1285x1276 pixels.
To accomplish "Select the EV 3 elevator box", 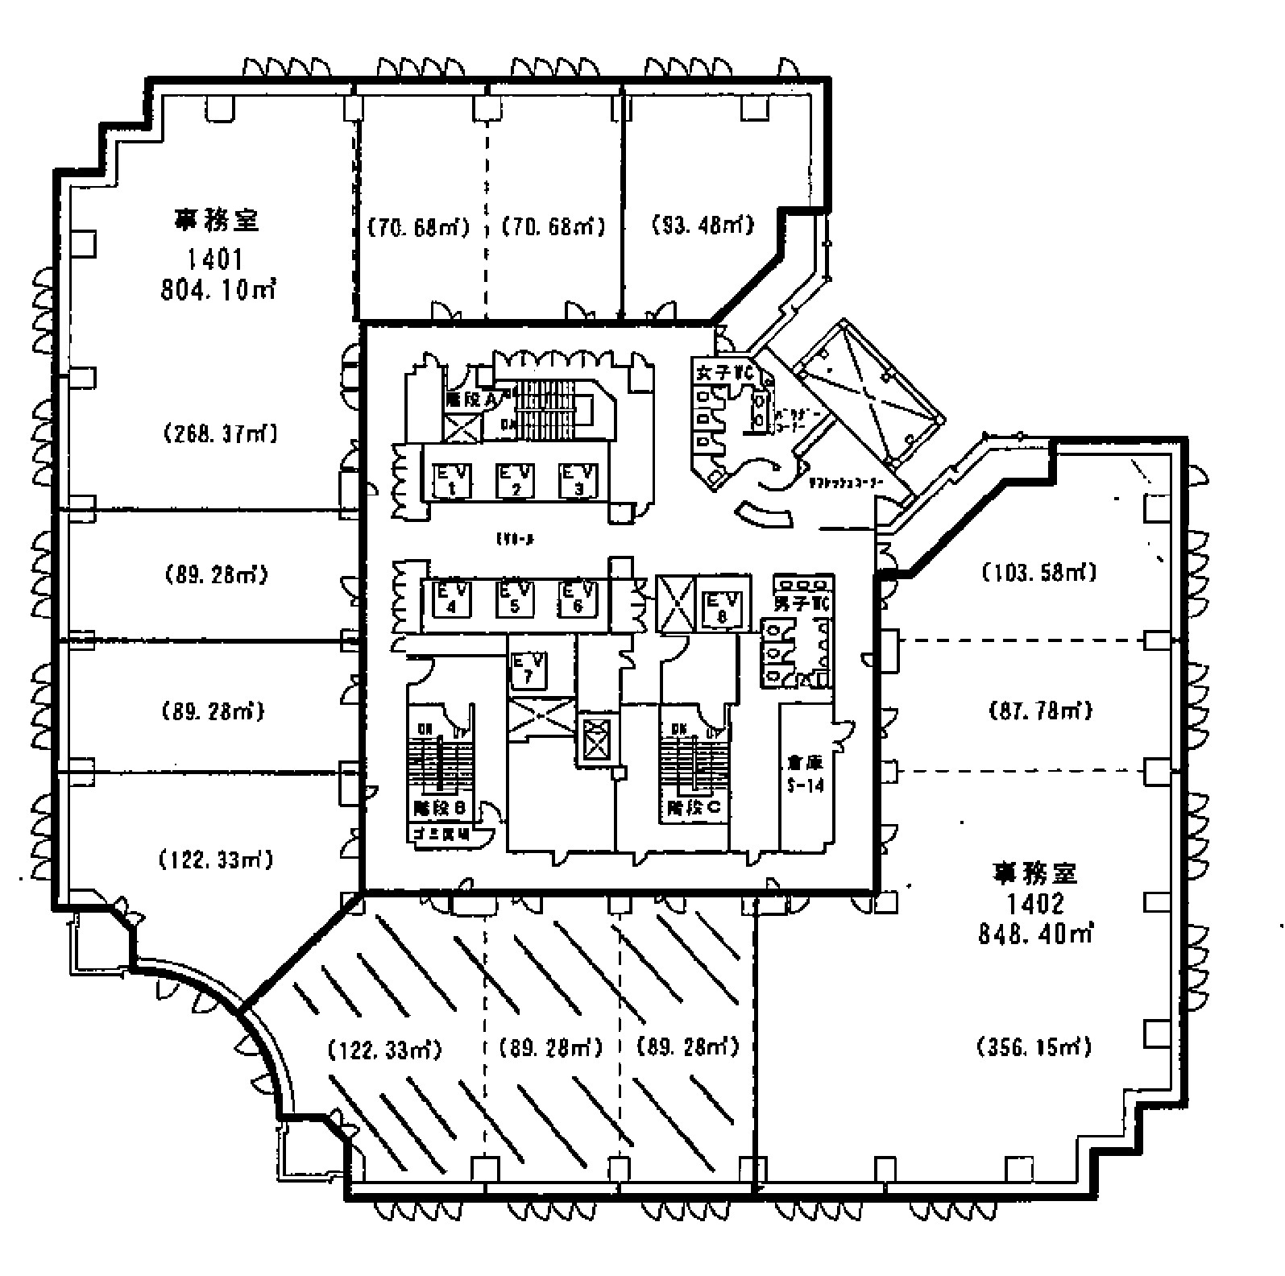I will (x=577, y=480).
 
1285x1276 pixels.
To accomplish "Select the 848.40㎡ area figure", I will (x=1034, y=934).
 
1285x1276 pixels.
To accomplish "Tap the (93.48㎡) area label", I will (x=703, y=226).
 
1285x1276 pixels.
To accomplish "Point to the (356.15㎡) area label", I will (x=1034, y=1048).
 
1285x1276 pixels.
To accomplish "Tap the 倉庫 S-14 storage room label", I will (x=805, y=775).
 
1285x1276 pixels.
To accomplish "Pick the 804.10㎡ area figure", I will (x=218, y=290).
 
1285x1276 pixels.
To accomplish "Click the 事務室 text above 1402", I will (x=1034, y=872).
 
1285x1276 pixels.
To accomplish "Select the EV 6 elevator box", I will (x=577, y=598).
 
